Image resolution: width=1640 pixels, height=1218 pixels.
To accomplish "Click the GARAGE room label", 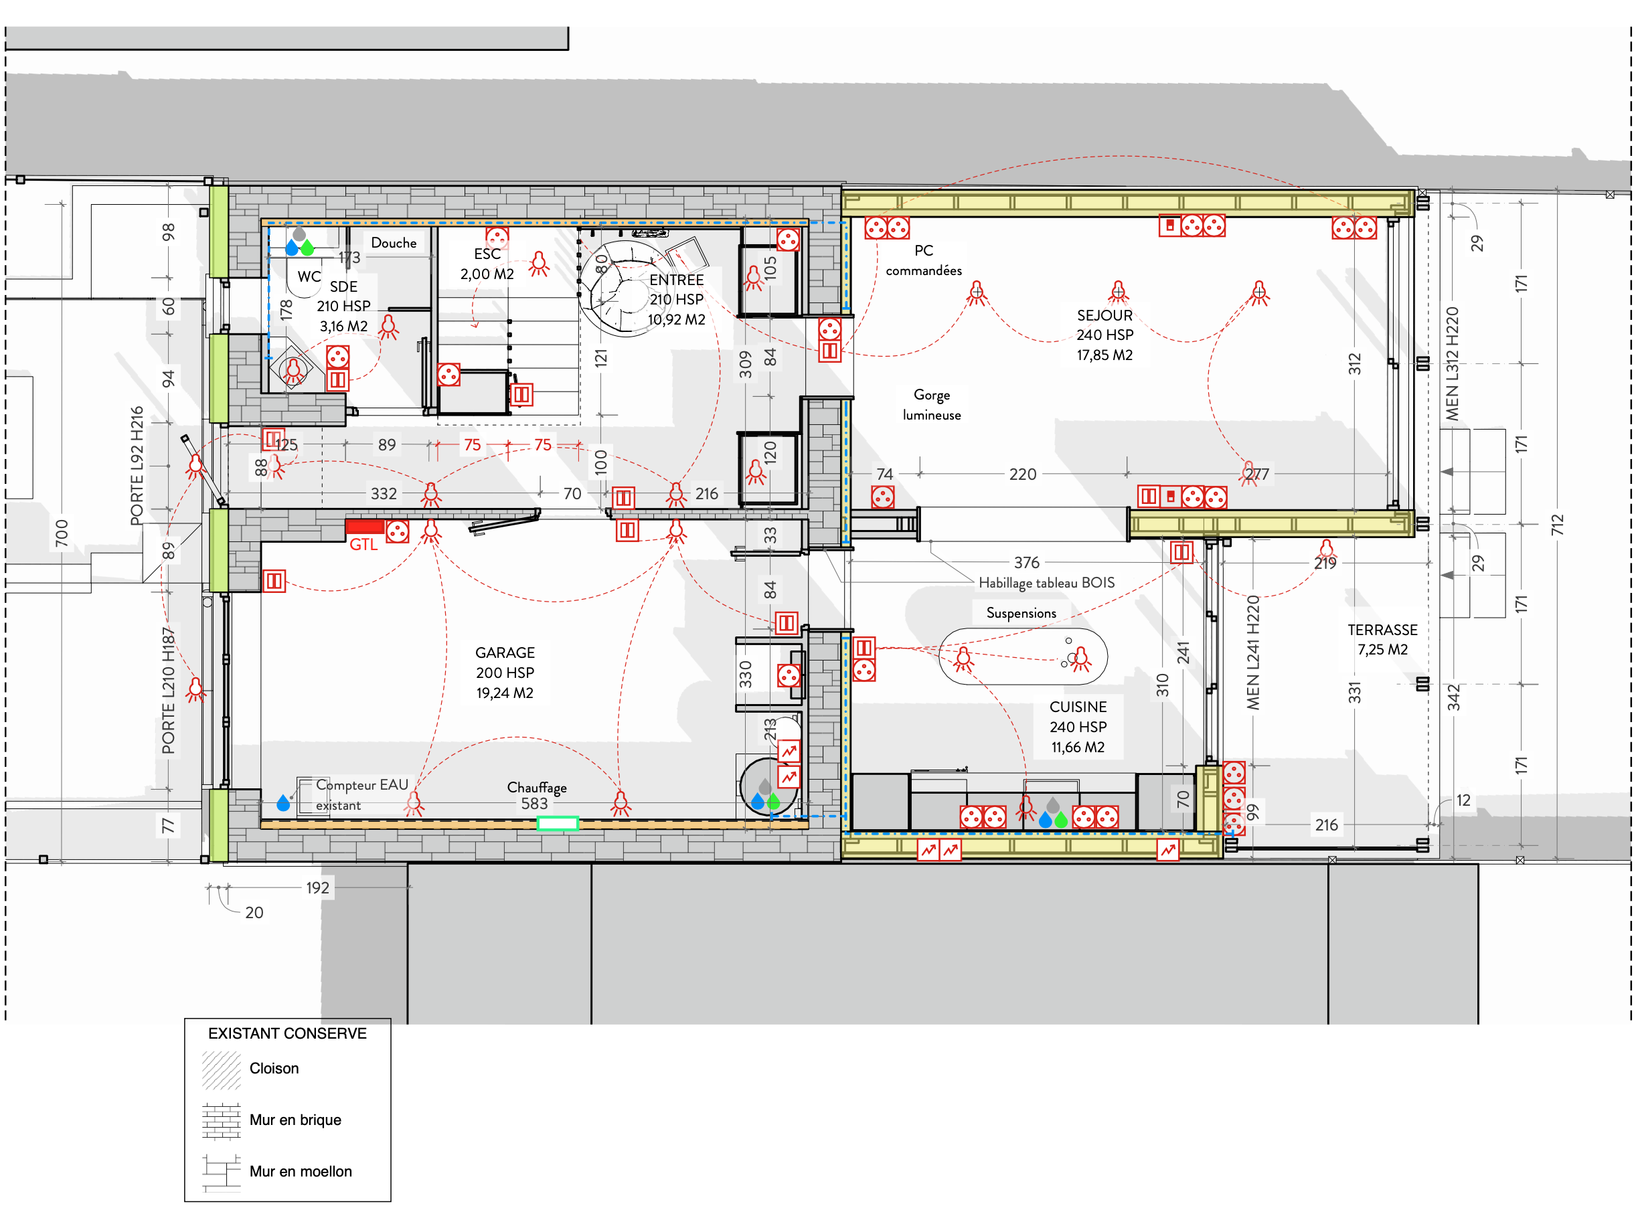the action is [505, 653].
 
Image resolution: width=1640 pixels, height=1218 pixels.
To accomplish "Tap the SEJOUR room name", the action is [1104, 316].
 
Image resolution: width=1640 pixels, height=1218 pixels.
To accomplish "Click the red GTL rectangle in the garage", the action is [364, 527].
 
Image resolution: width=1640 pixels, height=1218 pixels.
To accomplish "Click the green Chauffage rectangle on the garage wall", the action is [557, 824].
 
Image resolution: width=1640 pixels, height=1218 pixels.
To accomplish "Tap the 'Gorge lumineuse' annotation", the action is [931, 405].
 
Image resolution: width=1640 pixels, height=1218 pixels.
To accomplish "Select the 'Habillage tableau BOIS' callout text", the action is [1046, 583].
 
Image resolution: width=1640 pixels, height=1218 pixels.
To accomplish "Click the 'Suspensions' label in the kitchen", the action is [1021, 614].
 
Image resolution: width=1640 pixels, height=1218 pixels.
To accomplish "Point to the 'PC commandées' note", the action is [923, 260].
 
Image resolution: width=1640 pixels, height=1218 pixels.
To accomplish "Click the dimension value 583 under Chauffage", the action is [535, 804].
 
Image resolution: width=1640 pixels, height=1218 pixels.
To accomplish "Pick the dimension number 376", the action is [1026, 563].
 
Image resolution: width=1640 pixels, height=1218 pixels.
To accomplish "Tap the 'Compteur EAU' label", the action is [362, 785].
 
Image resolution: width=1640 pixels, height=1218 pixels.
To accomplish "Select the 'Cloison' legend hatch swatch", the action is [221, 1071].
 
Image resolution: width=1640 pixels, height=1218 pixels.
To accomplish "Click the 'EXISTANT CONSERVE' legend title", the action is [287, 1034].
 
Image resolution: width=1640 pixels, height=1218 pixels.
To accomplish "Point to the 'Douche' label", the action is [394, 242].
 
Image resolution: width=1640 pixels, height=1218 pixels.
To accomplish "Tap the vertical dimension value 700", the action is [62, 534].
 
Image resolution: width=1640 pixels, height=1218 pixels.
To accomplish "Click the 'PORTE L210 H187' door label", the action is [169, 691].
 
